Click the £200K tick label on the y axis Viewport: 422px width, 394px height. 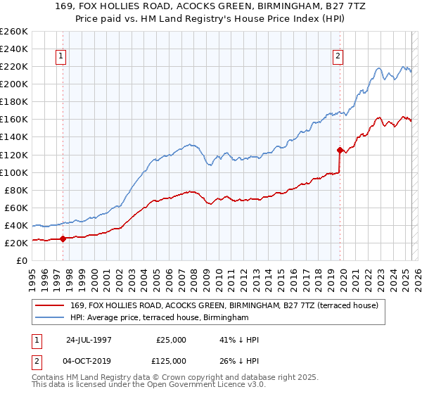[x=15, y=84]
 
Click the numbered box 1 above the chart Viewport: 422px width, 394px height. [x=62, y=57]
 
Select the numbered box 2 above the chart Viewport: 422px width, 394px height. [x=338, y=57]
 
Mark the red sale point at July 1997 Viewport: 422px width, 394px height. [x=63, y=239]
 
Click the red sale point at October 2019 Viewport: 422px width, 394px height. [x=339, y=149]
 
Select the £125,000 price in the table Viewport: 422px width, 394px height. [x=170, y=361]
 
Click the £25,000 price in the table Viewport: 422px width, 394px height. [x=170, y=340]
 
